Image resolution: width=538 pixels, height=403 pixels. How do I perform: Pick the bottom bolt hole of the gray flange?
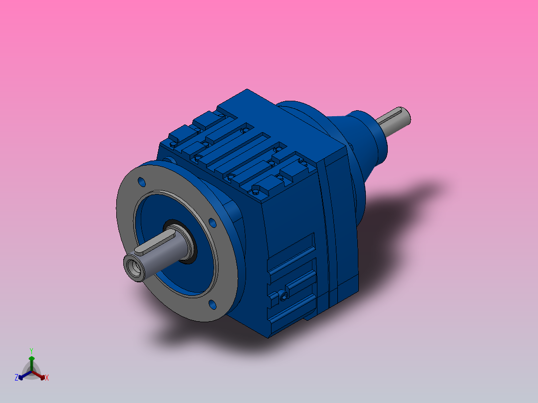click(212, 303)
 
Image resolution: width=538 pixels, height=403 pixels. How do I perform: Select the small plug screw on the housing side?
click(284, 296)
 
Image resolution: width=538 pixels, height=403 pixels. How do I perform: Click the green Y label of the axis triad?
click(31, 350)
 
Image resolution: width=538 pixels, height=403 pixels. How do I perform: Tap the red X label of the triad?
click(47, 378)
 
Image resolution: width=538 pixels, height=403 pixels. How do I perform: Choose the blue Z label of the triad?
click(16, 378)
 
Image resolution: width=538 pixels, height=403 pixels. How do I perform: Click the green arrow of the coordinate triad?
click(31, 360)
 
